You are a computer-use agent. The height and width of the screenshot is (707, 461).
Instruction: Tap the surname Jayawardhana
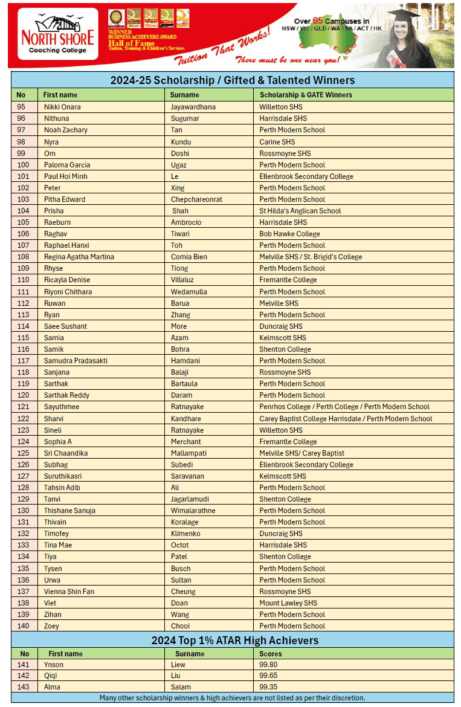193,107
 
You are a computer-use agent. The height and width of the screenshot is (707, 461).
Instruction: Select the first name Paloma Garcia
67,165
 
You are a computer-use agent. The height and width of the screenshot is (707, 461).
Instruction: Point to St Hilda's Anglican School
300,211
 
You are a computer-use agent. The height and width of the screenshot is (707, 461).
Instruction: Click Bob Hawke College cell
290,234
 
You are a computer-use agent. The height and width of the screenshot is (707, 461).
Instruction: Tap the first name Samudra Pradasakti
76,361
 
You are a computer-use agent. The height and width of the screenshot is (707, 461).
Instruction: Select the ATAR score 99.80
269,665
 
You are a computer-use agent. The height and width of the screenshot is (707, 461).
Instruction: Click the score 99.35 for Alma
269,687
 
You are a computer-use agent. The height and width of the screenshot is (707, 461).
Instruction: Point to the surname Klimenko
187,534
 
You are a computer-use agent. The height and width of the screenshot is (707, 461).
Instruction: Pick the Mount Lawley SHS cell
288,603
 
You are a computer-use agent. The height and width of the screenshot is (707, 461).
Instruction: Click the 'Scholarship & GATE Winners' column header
306,95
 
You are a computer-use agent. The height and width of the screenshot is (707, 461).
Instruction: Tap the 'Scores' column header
271,654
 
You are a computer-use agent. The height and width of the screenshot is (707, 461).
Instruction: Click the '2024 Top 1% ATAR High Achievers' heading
234,641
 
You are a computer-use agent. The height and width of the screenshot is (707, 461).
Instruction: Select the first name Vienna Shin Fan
69,592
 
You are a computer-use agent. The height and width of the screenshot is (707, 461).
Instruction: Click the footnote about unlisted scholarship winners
233,698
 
